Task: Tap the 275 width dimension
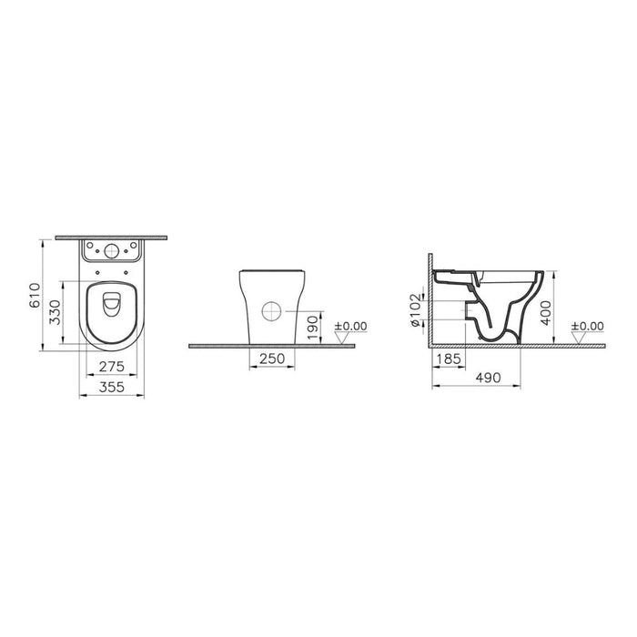tap(111, 366)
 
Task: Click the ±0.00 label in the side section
tap(589, 325)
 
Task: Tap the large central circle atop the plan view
tap(111, 252)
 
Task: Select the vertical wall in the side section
tap(428, 300)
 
